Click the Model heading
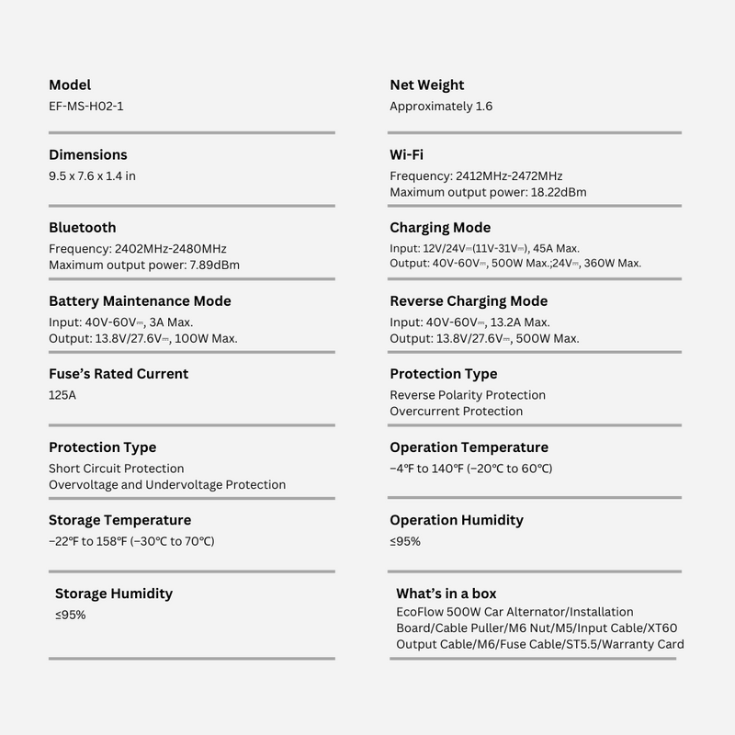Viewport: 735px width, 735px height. coord(70,85)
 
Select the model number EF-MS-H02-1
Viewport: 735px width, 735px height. coord(86,106)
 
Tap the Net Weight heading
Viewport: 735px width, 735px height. coord(426,85)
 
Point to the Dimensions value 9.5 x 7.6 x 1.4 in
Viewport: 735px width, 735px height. coord(92,175)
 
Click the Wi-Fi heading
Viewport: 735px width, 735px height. coord(406,154)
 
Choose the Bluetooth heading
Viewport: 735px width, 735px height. coord(83,228)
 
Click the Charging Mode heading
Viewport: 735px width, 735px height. coord(440,228)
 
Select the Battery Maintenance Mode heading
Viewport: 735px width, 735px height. coord(140,300)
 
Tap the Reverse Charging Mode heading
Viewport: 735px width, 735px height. coord(469,300)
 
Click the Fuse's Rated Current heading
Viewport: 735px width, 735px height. coord(119,374)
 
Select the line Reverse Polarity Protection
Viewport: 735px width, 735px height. coord(468,395)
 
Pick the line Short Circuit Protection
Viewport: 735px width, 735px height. coord(117,469)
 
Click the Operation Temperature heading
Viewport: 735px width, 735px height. coord(469,447)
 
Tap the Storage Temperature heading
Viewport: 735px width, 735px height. coord(120,520)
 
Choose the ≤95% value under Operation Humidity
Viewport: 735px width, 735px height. coord(405,541)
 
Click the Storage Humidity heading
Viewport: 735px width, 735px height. coord(114,594)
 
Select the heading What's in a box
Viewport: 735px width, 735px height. coord(447,594)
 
